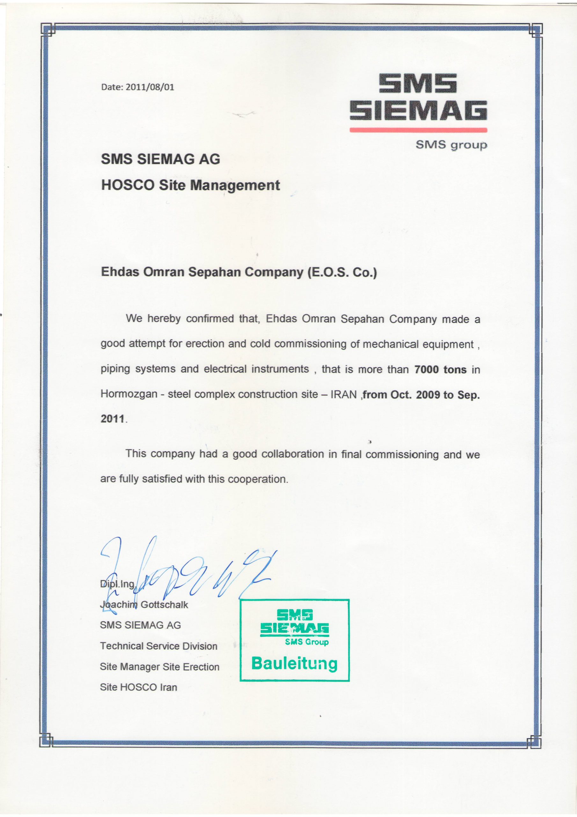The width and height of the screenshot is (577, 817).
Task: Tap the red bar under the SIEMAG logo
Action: [418, 130]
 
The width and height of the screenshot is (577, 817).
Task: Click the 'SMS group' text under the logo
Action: [451, 145]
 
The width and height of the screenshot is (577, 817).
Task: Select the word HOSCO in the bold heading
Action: [128, 185]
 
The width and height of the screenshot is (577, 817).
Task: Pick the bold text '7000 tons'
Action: [440, 370]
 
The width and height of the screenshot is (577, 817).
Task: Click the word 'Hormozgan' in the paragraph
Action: [129, 394]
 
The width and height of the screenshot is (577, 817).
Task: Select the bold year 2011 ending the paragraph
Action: [112, 419]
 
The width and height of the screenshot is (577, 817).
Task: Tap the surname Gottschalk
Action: [164, 604]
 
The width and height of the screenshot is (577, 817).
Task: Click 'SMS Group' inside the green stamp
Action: [306, 642]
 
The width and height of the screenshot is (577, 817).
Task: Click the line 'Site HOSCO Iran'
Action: [138, 687]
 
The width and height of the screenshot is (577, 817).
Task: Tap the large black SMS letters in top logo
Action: [417, 83]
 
